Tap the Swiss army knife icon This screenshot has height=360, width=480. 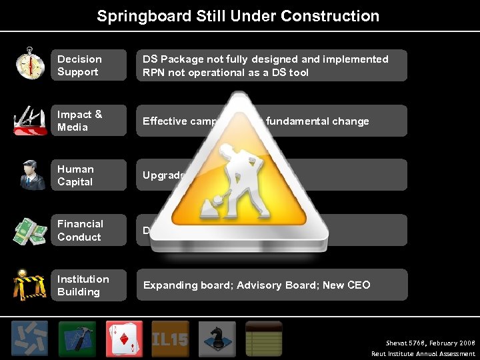tap(30, 120)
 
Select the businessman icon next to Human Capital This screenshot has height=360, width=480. tap(30, 175)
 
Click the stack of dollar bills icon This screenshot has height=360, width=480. tap(30, 231)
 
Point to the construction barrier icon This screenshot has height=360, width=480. tap(30, 285)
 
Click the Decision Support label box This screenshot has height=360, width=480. tap(88, 65)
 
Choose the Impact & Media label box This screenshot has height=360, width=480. tap(88, 121)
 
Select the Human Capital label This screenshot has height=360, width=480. tap(88, 175)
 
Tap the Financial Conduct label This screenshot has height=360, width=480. tap(88, 230)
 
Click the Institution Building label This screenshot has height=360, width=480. tap(88, 285)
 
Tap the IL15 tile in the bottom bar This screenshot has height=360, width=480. tap(170, 339)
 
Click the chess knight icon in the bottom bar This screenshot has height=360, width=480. tap(217, 339)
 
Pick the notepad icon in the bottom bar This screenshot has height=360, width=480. tap(264, 339)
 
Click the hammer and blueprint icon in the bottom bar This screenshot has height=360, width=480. tap(77, 339)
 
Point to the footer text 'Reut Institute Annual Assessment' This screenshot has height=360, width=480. tap(423, 354)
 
